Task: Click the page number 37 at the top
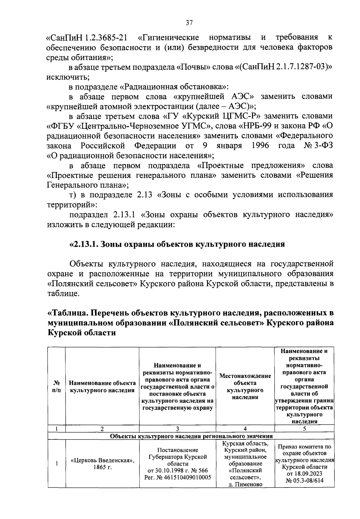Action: coord(189,23)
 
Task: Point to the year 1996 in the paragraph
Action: coord(260,146)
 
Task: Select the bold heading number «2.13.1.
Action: coord(84,244)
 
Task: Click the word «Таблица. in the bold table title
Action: coord(68,313)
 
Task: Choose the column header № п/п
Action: coord(57,387)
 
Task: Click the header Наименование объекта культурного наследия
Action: coord(102,387)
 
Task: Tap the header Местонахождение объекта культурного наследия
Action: coord(245,386)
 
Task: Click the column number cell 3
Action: coord(178,429)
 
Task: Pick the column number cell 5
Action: coord(304,429)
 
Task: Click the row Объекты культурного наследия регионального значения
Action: coord(191,436)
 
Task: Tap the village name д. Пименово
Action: coord(245,484)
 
